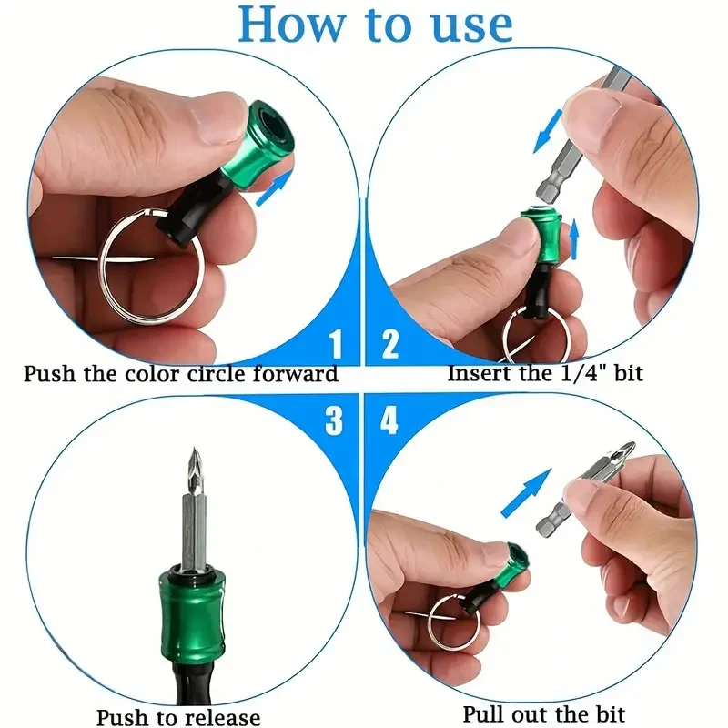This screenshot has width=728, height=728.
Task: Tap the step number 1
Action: [336, 345]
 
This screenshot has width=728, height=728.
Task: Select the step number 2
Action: [390, 345]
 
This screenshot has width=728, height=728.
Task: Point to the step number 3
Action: [336, 421]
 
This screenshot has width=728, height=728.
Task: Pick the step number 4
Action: [390, 421]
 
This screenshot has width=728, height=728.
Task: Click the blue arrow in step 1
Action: [276, 187]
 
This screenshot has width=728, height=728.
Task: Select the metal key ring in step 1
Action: [150, 264]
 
